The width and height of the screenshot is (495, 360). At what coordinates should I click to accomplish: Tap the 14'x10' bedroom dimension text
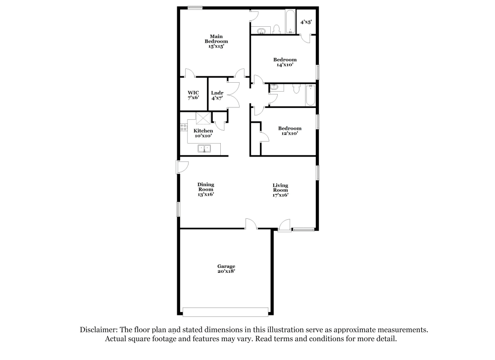[x=285, y=64]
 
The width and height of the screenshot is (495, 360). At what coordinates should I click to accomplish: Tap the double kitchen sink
[x=203, y=148]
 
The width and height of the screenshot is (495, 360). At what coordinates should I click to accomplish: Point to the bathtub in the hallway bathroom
[x=310, y=95]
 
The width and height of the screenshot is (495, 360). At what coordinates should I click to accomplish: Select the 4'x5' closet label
[x=306, y=22]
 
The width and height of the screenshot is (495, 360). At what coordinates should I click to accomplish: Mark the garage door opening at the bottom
[x=225, y=312]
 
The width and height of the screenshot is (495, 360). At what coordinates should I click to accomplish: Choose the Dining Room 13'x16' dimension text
[x=205, y=194]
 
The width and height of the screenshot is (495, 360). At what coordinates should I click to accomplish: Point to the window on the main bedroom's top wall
[x=195, y=7]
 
